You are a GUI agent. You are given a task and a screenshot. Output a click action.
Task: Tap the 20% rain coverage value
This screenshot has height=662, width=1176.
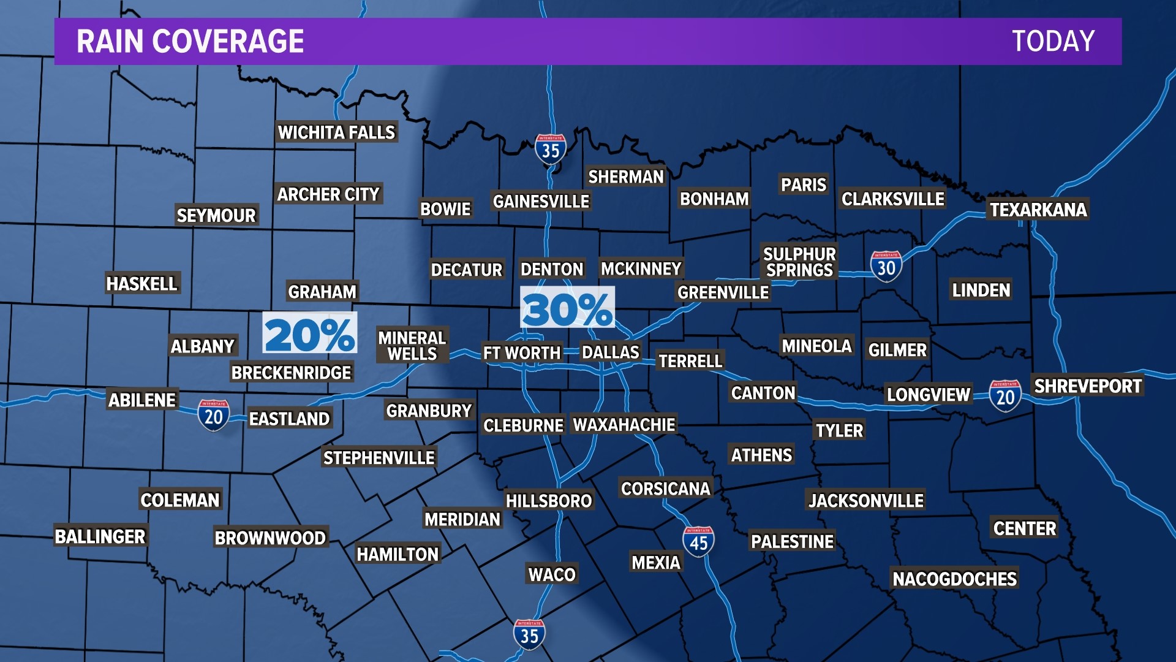point(309,335)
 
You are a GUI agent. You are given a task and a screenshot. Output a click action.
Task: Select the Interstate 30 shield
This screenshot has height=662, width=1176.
point(886,267)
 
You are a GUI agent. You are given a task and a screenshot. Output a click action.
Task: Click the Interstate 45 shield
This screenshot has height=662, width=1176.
point(698,541)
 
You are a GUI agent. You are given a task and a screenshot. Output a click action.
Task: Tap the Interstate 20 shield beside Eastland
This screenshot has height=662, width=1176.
point(213,416)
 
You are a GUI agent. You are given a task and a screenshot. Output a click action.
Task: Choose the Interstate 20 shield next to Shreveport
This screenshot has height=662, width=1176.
point(1005,396)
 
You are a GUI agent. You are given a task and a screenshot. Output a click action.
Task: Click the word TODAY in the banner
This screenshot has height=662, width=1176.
point(1053,42)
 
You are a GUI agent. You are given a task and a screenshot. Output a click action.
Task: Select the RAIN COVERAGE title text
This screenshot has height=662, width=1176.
point(190,42)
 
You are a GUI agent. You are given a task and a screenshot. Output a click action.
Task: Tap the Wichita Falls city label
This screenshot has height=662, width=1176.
point(336,132)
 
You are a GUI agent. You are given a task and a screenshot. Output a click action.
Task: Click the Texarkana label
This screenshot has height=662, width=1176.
point(1038,210)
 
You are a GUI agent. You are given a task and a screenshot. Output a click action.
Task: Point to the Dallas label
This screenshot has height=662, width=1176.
point(610,352)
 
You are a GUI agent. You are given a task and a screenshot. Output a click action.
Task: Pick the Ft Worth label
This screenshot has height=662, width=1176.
point(521,353)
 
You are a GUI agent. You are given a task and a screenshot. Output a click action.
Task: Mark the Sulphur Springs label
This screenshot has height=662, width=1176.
point(799,262)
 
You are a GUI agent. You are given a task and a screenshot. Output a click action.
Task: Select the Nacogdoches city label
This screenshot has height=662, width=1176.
point(954,579)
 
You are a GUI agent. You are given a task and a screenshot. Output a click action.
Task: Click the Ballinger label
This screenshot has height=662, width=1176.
point(100,536)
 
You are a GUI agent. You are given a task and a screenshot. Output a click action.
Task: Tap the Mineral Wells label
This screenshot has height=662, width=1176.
point(412,346)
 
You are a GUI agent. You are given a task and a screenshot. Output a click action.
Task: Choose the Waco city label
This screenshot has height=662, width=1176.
point(552,574)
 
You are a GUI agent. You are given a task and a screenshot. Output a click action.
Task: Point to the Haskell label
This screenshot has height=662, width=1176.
point(141,284)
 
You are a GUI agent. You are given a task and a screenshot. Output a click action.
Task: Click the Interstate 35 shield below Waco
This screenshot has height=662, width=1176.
point(529,634)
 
